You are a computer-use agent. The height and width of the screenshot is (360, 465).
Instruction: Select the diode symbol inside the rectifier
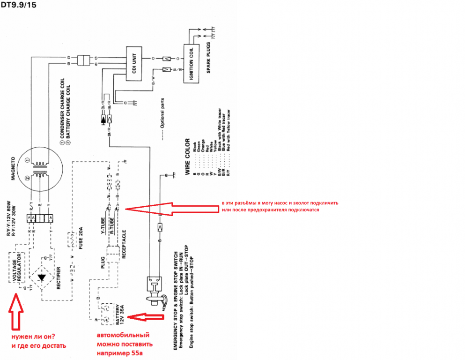42,277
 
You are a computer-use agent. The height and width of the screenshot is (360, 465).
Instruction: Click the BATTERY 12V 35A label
120,315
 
